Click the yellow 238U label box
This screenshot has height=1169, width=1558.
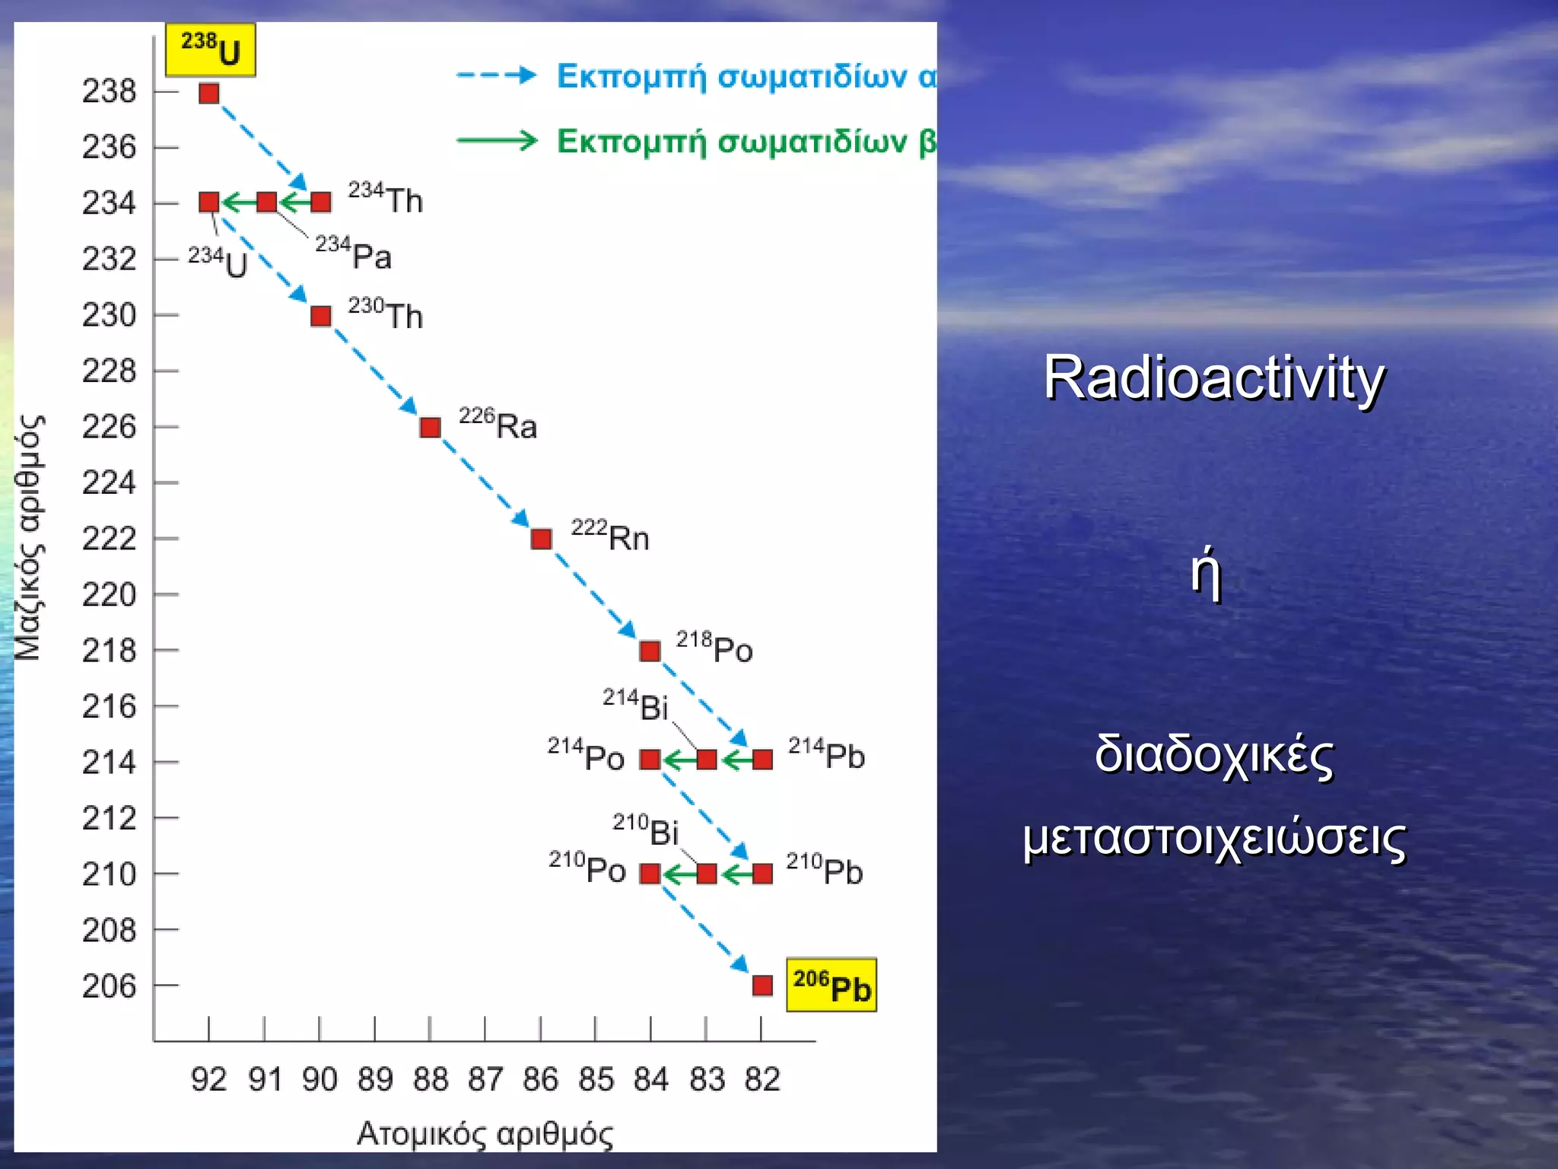210,50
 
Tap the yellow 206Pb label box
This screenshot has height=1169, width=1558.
831,985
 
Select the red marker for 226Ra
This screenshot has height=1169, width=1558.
430,427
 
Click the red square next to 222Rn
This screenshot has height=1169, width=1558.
541,539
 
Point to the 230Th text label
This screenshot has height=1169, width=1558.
385,314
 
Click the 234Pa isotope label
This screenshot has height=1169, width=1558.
353,253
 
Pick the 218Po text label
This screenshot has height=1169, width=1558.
714,648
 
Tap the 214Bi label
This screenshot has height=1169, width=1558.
635,705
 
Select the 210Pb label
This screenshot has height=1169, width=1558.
824,871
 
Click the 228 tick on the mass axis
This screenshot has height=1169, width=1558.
110,371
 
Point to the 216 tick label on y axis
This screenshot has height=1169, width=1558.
110,707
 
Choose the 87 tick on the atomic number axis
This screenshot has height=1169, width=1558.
485,1079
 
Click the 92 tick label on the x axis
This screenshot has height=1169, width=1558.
208,1079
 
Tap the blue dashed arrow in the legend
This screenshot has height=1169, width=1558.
496,75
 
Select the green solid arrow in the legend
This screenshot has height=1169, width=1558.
496,141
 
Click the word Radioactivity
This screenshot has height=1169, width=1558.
1213,378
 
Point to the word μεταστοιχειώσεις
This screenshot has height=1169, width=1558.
1213,839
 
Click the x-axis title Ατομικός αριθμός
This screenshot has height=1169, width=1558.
485,1134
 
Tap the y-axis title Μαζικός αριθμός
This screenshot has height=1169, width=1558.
30,537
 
